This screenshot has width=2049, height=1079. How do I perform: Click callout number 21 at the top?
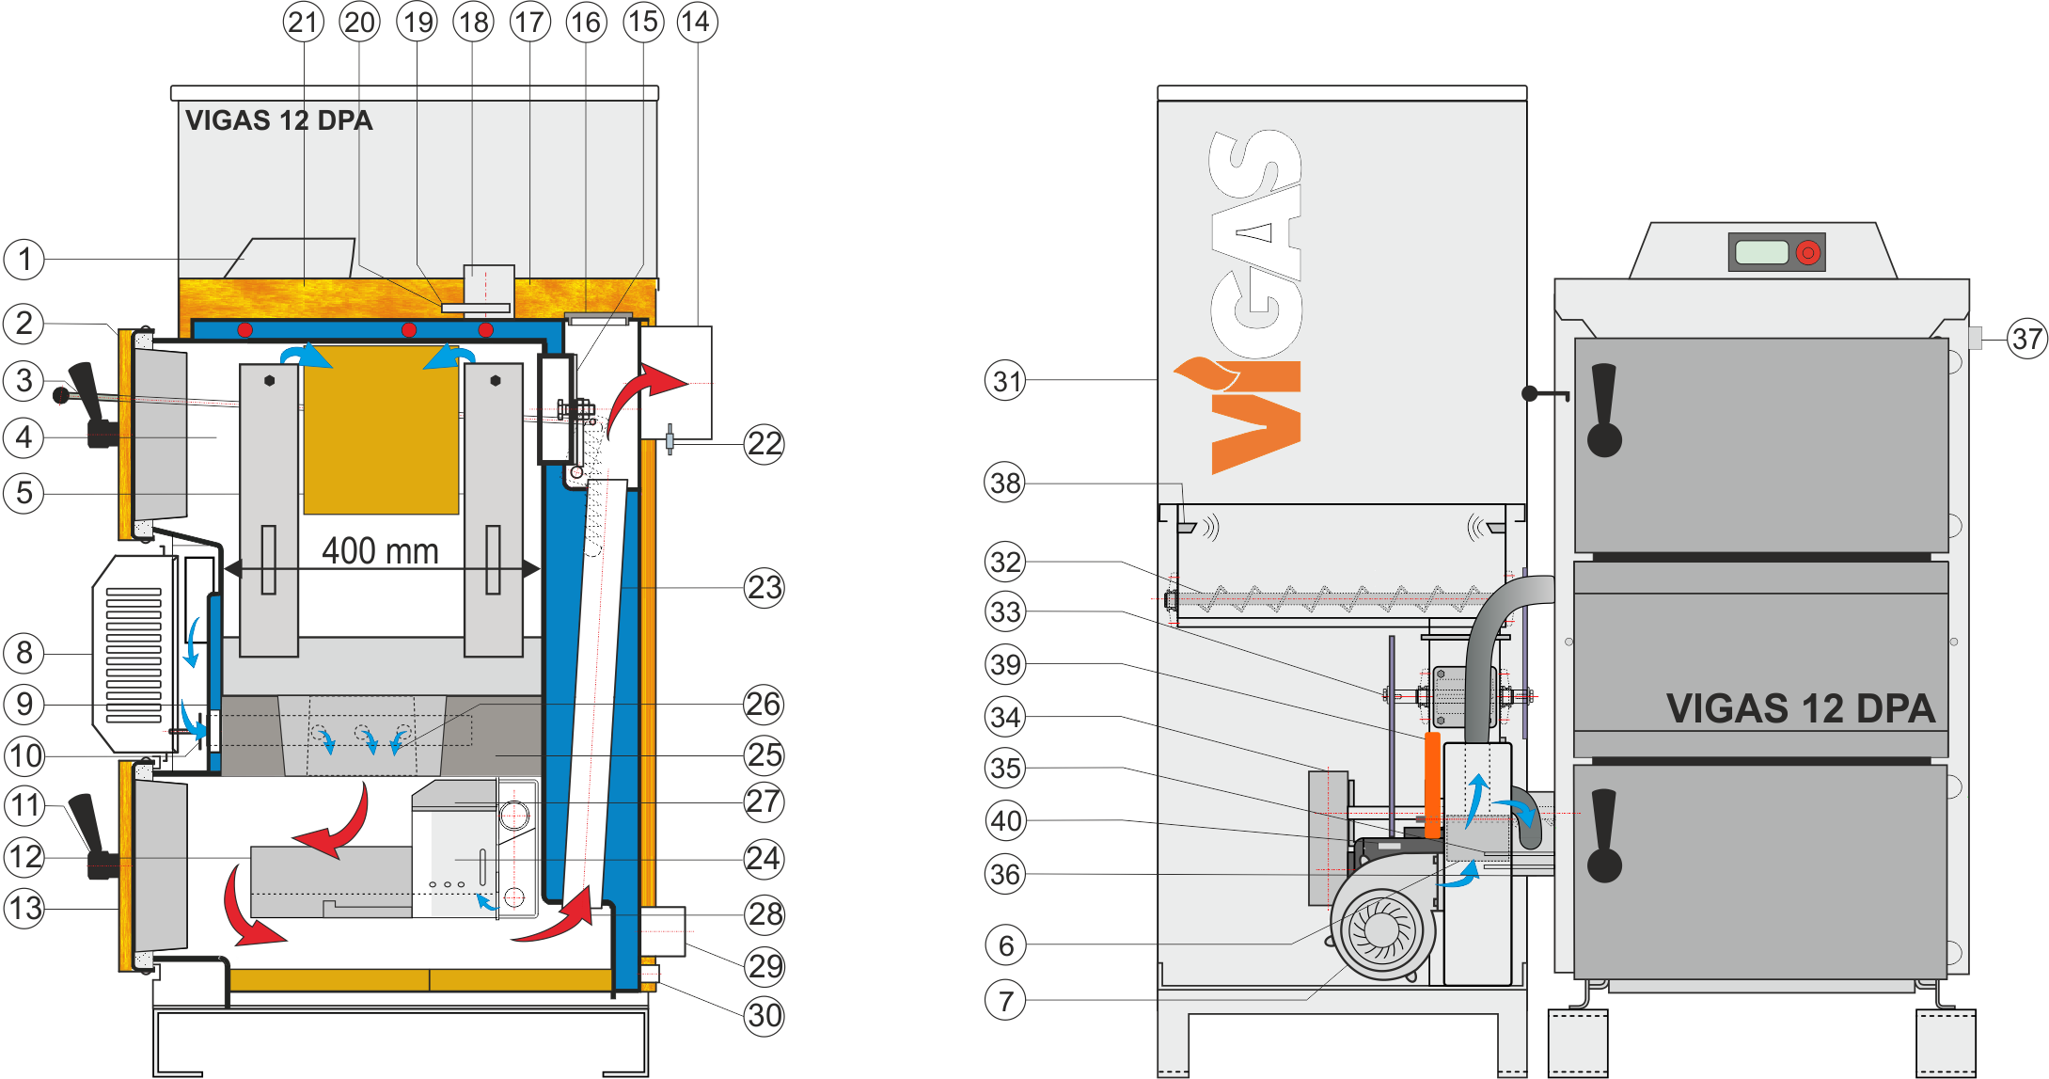tap(303, 22)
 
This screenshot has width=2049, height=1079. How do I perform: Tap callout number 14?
tap(697, 22)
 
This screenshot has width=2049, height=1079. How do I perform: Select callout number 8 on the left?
tap(24, 653)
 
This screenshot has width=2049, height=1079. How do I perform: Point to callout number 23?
tap(764, 588)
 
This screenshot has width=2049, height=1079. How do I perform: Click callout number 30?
tap(764, 1016)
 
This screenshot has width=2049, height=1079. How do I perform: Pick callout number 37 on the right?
tap(2026, 339)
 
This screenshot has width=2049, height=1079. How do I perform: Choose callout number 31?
tap(1005, 381)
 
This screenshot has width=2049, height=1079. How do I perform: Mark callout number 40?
tap(1005, 821)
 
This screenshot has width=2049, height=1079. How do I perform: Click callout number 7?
tap(1005, 1000)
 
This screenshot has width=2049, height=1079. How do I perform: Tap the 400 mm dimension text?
tap(380, 550)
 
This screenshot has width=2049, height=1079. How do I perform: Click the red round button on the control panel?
tap(1807, 252)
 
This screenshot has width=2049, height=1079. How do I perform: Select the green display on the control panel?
tap(1761, 252)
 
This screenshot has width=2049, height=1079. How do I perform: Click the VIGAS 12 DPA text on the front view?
tap(1800, 708)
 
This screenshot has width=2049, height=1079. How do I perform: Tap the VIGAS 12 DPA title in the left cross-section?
tap(278, 120)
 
